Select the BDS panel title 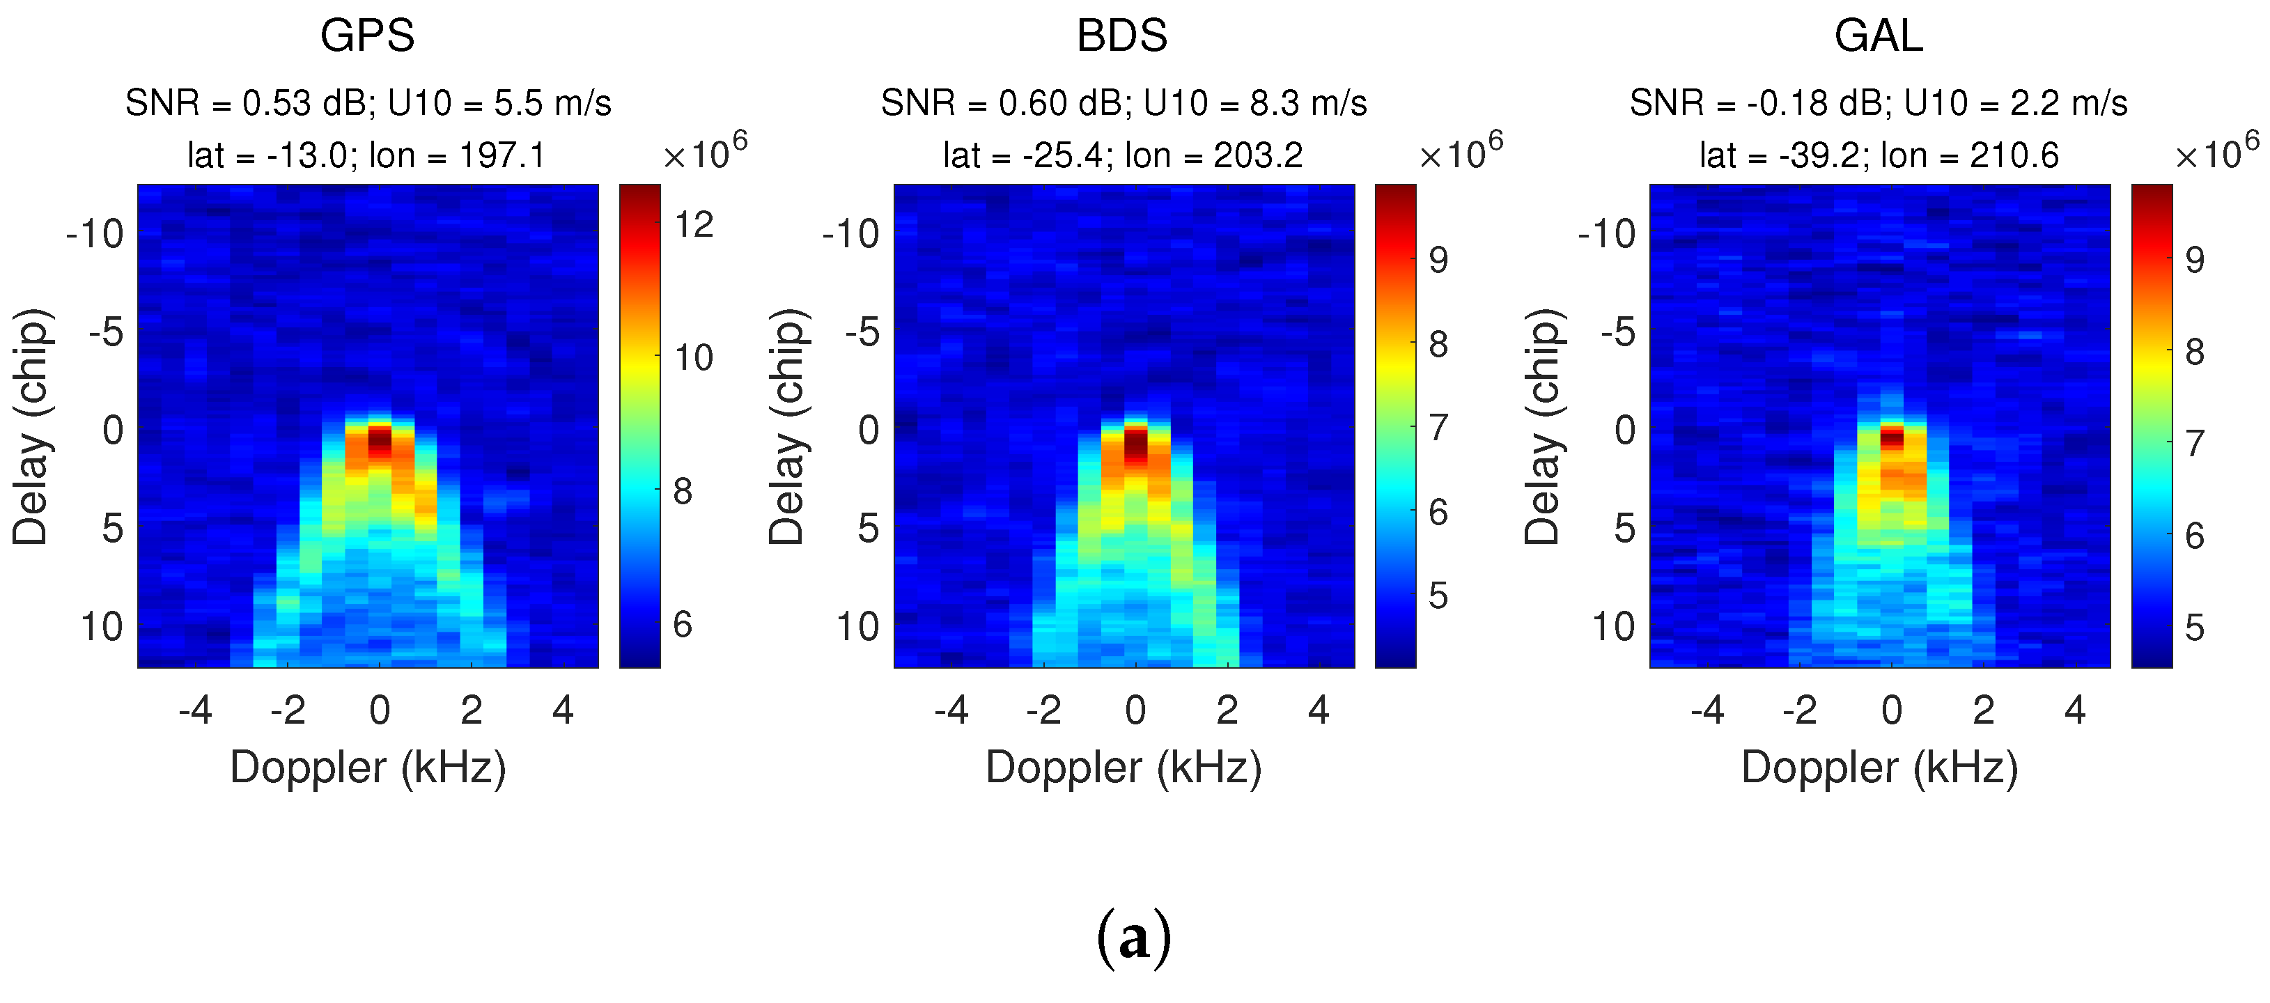(1122, 36)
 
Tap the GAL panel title (1878, 36)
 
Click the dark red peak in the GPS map (379, 438)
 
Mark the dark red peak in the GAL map (1892, 436)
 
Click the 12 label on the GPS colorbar (694, 226)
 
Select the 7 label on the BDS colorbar (1438, 428)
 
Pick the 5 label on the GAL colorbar (2194, 628)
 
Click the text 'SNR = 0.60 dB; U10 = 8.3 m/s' (1124, 103)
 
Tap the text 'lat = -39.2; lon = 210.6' (1879, 156)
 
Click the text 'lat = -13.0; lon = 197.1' (366, 156)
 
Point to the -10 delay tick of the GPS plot (95, 235)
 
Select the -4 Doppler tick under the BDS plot (951, 710)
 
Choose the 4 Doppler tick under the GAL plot (2075, 710)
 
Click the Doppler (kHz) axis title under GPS (368, 767)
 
